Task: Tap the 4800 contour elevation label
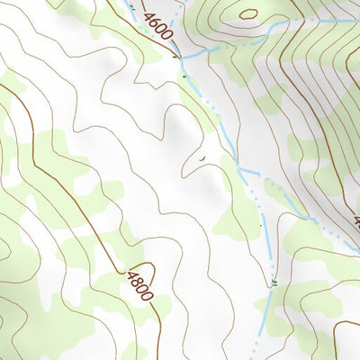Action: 140,285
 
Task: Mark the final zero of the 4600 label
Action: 168,41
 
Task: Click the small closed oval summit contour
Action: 248,13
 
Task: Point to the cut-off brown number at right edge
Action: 356,221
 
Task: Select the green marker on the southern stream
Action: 273,283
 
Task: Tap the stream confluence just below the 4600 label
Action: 182,58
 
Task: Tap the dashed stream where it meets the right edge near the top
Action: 356,20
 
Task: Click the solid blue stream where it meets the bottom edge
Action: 259,357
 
